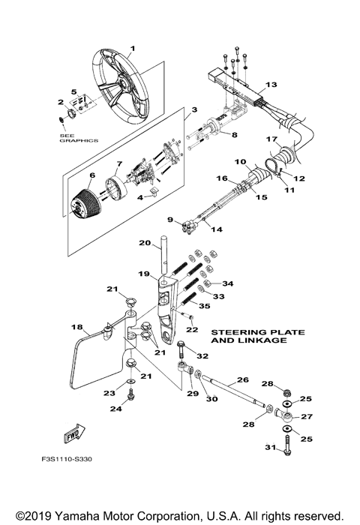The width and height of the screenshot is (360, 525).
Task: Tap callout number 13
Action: [271, 85]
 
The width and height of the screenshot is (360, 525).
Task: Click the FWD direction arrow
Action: [73, 434]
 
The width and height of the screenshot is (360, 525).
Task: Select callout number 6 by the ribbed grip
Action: [93, 178]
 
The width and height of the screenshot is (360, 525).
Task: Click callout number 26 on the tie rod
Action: [241, 380]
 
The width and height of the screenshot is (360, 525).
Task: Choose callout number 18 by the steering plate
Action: [76, 328]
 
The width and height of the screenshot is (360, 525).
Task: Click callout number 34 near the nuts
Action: [227, 283]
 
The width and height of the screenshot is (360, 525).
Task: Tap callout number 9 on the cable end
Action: [170, 220]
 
